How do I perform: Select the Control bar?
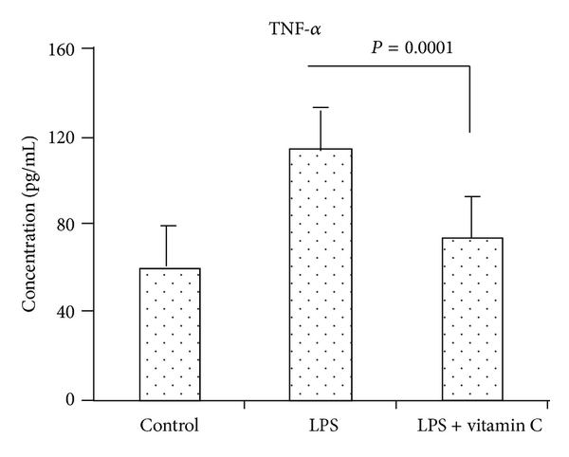point(170,334)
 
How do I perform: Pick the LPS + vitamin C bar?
point(472,319)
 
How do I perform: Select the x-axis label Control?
point(170,424)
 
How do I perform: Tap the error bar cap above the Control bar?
point(170,226)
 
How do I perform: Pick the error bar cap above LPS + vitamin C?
point(472,196)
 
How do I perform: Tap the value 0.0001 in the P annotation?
point(429,46)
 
